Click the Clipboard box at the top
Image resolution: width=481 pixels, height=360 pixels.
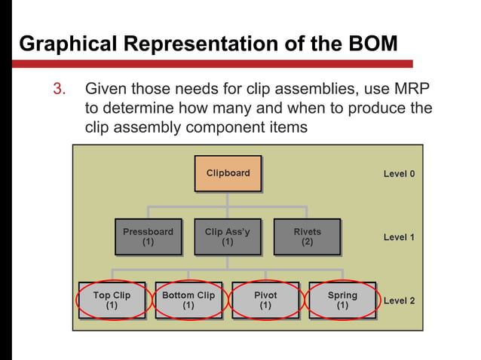tap(228, 174)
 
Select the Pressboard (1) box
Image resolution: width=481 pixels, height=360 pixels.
tap(148, 237)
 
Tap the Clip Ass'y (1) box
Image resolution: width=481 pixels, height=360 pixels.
tap(228, 237)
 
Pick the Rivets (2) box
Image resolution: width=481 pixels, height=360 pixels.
tap(307, 237)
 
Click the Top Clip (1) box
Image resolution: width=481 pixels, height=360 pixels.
tap(112, 301)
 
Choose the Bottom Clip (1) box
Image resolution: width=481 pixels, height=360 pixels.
tap(188, 301)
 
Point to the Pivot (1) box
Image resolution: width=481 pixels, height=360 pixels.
tap(265, 301)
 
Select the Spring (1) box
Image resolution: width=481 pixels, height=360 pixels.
tap(342, 301)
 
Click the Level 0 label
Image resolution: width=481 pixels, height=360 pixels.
tap(399, 174)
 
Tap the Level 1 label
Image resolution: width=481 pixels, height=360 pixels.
tap(399, 237)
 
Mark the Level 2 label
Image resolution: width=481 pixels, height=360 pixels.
tap(399, 301)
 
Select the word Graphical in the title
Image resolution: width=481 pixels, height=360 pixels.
tap(62, 44)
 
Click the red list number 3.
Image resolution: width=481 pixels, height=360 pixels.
tap(59, 90)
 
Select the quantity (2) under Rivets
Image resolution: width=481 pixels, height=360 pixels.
tap(307, 243)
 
